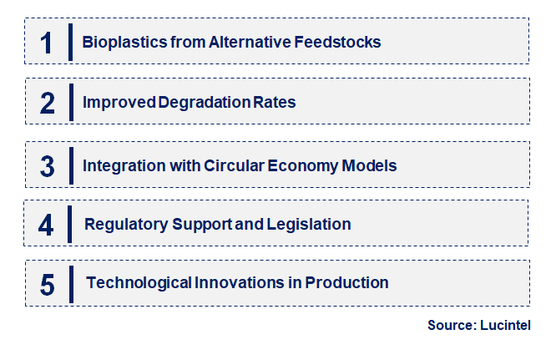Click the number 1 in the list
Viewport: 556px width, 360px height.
pos(47,42)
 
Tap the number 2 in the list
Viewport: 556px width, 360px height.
pos(47,103)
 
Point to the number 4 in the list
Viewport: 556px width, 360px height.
pos(47,225)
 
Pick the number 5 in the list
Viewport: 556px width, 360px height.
pos(47,284)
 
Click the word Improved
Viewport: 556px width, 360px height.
pos(119,103)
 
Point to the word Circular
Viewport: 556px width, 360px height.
pos(235,165)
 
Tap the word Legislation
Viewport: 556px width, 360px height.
pos(309,225)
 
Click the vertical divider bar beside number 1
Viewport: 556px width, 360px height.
pos(70,42)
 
